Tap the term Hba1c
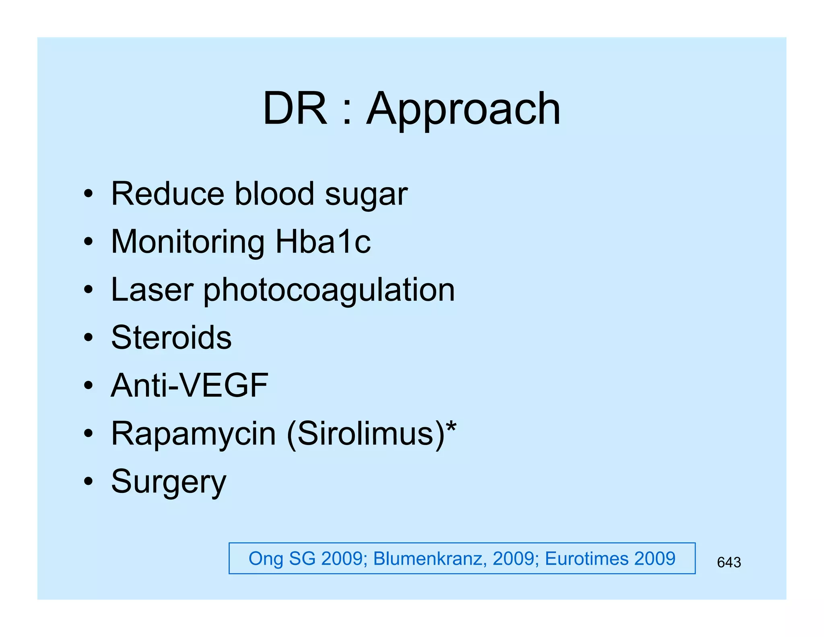[323, 242]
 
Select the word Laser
[152, 290]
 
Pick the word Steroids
[171, 337]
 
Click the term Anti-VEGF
[189, 385]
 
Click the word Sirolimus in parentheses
[365, 434]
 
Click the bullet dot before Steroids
[89, 337]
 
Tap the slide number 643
[729, 562]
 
